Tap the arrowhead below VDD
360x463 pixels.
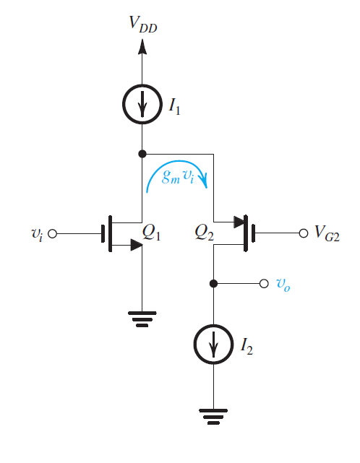tap(142, 48)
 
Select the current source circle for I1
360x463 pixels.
tap(142, 106)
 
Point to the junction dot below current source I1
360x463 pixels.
tap(142, 154)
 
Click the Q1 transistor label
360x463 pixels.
tap(152, 232)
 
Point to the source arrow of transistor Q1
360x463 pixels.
tap(134, 246)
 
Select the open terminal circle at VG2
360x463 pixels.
tap(303, 234)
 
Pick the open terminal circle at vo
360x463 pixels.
tap(264, 283)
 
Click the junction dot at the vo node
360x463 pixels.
tap(214, 283)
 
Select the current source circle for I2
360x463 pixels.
tap(214, 347)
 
